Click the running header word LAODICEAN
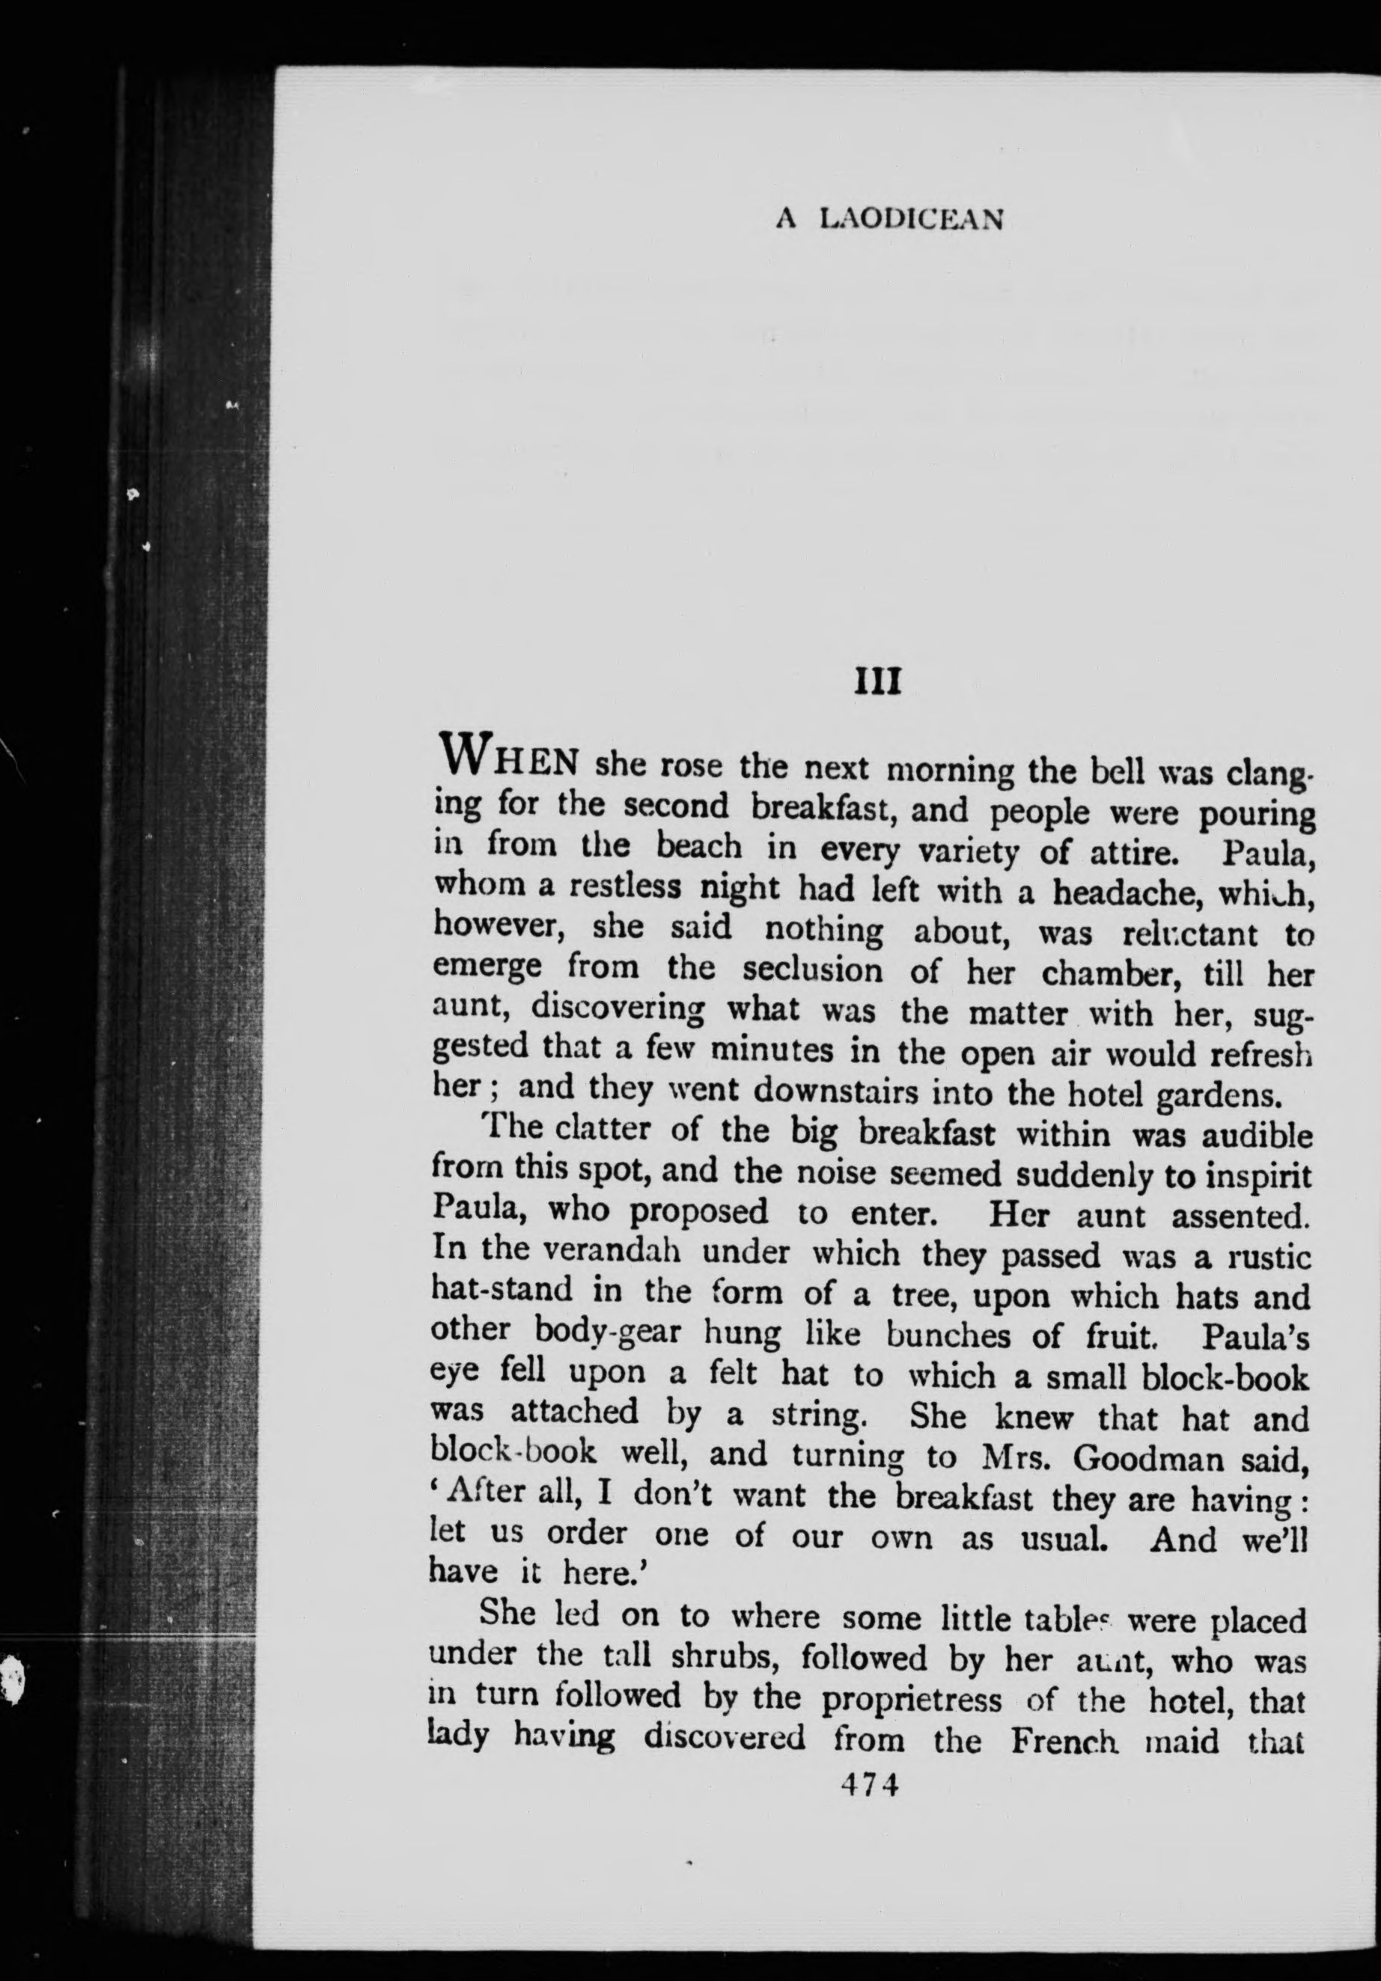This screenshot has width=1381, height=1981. [x=912, y=220]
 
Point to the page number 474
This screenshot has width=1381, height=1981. [x=871, y=1754]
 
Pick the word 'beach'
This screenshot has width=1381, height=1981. [x=698, y=848]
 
